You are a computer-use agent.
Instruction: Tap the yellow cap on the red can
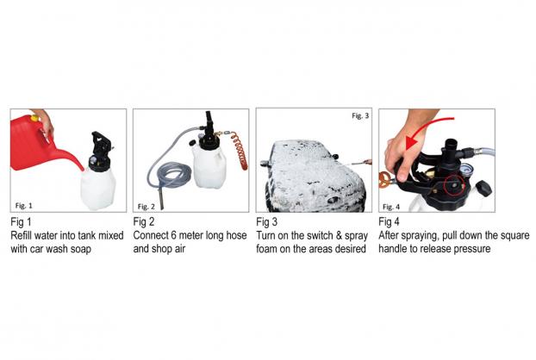pyautogui.click(x=34, y=119)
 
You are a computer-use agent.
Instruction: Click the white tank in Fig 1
pyautogui.click(x=98, y=189)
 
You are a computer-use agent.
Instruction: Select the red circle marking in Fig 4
pyautogui.click(x=455, y=185)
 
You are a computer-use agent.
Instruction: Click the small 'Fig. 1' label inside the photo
pyautogui.click(x=23, y=205)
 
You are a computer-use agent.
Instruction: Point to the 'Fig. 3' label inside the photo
pyautogui.click(x=360, y=115)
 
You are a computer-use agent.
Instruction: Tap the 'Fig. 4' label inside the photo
pyautogui.click(x=391, y=207)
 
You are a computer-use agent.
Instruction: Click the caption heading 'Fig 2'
pyautogui.click(x=144, y=222)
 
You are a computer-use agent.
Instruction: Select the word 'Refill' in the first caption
pyautogui.click(x=22, y=235)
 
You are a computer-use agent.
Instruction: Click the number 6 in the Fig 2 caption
pyautogui.click(x=173, y=235)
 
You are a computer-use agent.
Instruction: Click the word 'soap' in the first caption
pyautogui.click(x=81, y=250)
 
